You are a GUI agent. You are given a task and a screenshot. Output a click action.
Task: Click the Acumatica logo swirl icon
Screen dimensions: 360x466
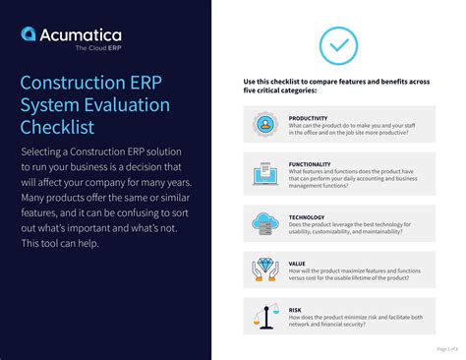pos(30,35)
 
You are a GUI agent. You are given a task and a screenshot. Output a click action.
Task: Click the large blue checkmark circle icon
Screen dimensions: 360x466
pos(338,45)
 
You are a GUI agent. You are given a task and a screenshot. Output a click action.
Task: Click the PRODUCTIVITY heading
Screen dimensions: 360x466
pos(309,118)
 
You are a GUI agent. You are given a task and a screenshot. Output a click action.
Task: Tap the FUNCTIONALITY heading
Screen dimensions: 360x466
pos(310,164)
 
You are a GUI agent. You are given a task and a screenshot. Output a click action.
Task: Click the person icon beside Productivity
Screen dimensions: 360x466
pos(263,125)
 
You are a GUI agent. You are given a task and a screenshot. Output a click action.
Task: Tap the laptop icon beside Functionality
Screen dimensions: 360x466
pos(263,174)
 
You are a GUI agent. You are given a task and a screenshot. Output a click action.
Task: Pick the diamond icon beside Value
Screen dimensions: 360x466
pos(263,269)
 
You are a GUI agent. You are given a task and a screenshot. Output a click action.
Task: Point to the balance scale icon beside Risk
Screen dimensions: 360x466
pos(263,316)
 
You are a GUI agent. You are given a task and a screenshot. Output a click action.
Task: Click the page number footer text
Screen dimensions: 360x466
pos(446,347)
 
